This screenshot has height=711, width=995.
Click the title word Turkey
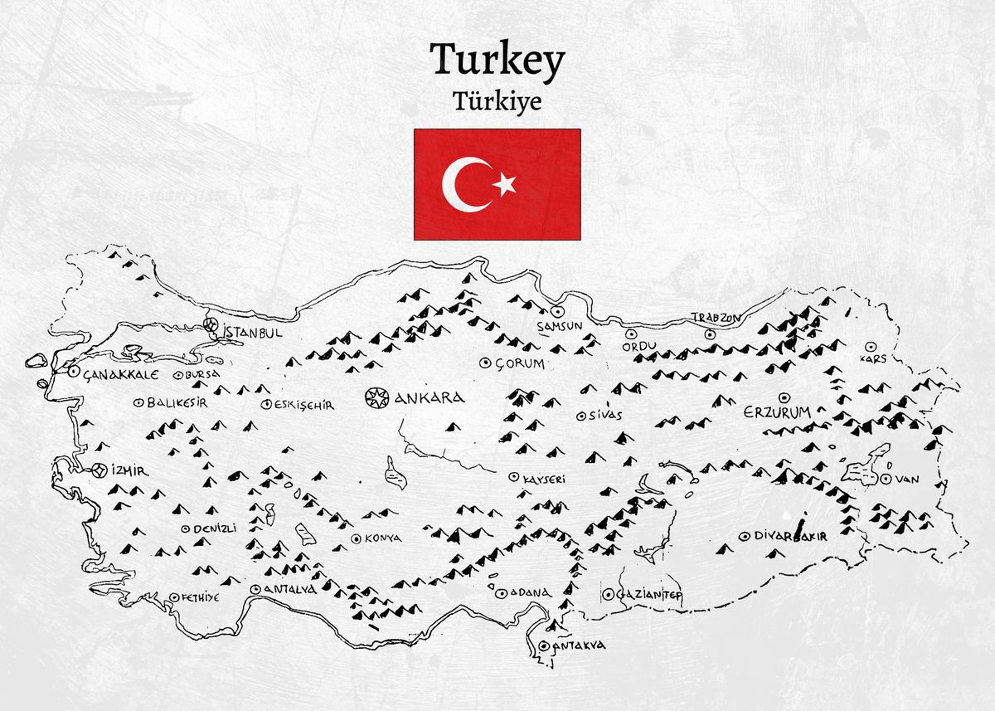coord(498,62)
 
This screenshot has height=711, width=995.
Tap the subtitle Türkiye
coord(498,100)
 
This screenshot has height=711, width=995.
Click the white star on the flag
coord(504,184)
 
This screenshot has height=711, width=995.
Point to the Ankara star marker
coord(377,397)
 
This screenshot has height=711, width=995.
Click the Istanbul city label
coord(253,332)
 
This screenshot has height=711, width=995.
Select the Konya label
coord(382,538)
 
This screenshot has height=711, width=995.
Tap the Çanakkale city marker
coord(73,373)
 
